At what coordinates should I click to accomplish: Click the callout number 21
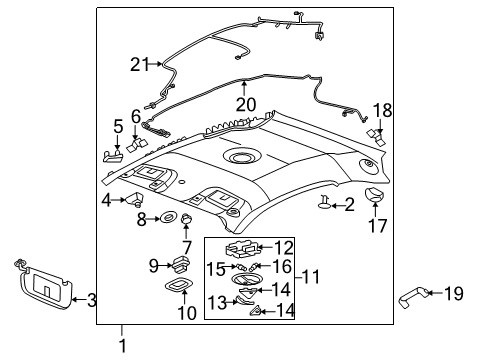pos(139,64)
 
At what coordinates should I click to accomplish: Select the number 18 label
pos(383,109)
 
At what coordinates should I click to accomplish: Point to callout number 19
pos(454,293)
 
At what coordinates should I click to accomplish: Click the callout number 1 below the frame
pos(123,345)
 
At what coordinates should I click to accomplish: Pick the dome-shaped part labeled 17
pos(374,195)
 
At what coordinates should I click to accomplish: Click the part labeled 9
pos(180,264)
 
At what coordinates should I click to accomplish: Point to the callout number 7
pos(186,246)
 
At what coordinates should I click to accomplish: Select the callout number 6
pos(135,117)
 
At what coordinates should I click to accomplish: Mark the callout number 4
pos(105,201)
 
